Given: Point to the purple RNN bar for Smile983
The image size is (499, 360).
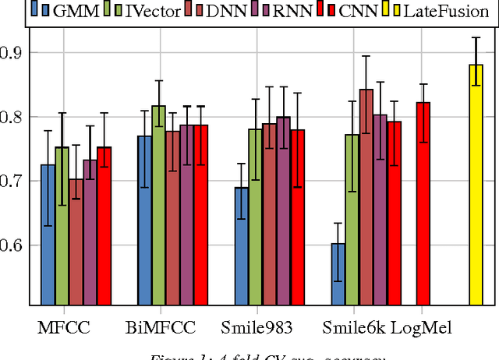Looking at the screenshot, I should [283, 211].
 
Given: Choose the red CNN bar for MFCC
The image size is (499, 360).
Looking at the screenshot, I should [104, 226].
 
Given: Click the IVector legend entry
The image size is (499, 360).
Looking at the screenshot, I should [148, 10].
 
